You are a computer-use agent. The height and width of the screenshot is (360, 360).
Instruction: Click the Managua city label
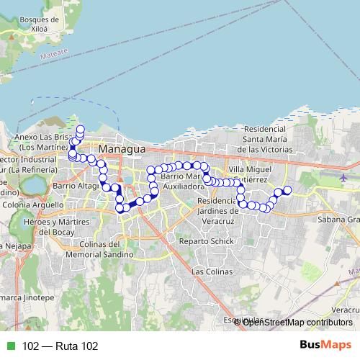[122, 149]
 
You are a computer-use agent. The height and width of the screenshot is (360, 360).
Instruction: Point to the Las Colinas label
[212, 272]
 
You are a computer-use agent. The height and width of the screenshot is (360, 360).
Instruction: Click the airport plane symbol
[343, 176]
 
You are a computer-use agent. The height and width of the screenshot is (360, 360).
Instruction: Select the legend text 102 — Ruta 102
[59, 346]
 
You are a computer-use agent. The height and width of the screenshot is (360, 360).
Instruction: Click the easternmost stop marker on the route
[287, 190]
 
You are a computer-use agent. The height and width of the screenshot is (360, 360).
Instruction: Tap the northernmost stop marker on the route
[80, 129]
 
